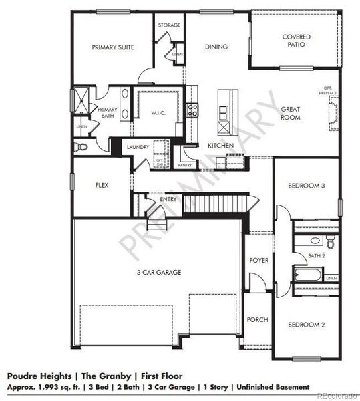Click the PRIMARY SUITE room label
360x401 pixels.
[113, 47]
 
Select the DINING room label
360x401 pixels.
[216, 47]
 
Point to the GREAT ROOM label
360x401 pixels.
[290, 113]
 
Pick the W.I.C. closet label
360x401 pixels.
[158, 112]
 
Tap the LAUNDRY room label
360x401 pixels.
[138, 147]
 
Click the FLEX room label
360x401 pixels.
[102, 185]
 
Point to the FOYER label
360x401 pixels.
[258, 260]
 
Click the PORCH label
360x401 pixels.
[257, 320]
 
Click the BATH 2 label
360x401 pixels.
[317, 255]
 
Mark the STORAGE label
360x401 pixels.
[169, 25]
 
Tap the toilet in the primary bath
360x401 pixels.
[79, 146]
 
